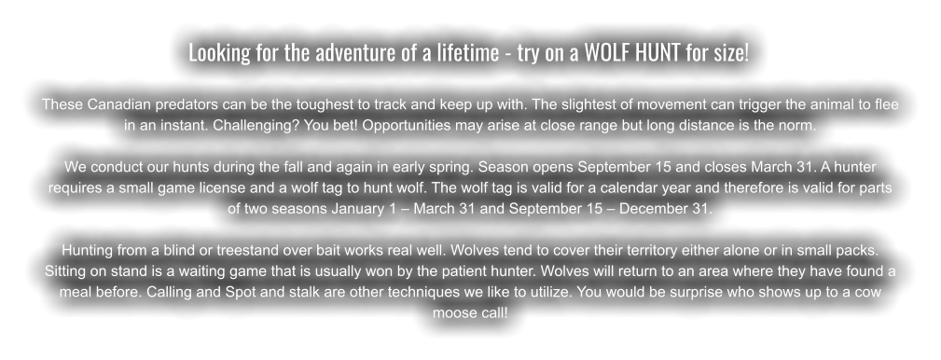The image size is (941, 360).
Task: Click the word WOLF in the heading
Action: [x=606, y=52]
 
